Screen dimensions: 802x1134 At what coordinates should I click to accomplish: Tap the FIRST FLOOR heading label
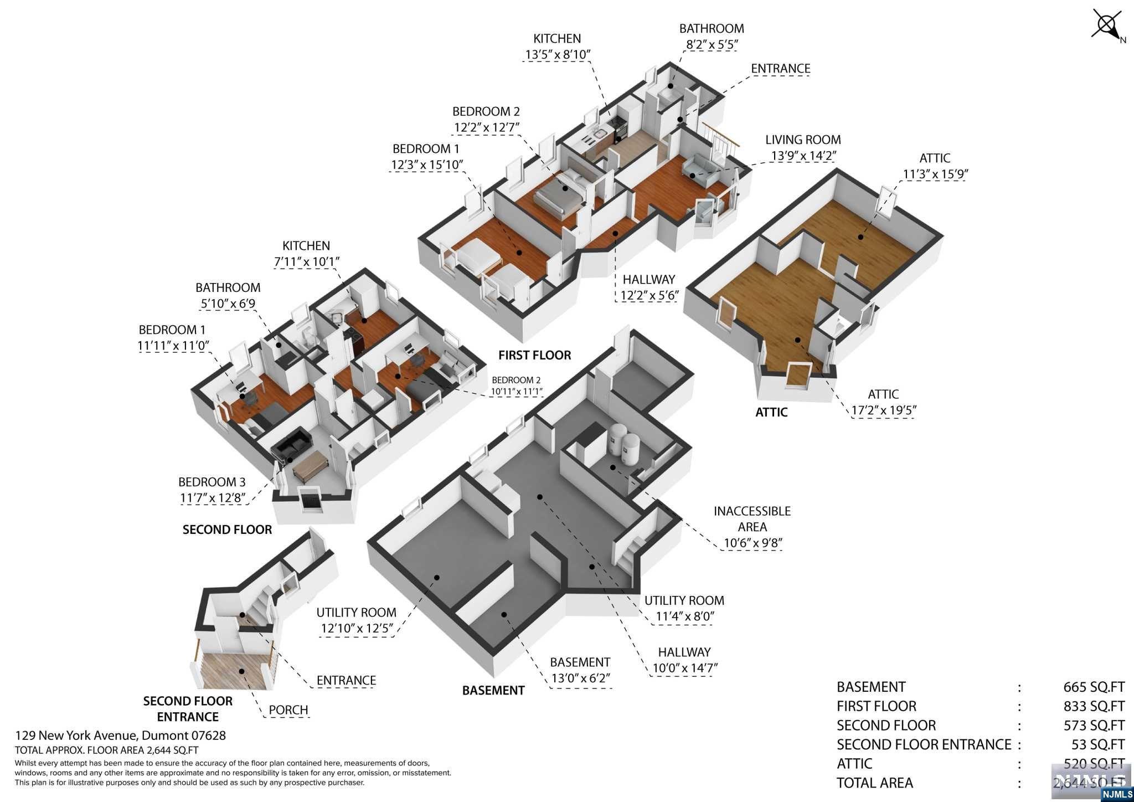point(534,355)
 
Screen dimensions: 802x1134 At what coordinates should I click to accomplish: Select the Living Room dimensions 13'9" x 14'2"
point(802,156)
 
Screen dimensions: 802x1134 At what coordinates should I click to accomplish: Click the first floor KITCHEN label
point(557,39)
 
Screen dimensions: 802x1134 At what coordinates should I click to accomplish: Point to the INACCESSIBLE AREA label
point(751,519)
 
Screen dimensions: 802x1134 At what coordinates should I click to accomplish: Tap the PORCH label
point(288,710)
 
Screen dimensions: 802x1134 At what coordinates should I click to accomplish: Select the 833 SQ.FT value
point(1094,706)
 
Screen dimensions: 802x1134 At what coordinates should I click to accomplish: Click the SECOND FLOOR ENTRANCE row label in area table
point(924,744)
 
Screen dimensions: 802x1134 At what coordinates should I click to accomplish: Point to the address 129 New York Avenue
point(120,736)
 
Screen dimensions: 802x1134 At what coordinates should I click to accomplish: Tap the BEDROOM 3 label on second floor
point(212,482)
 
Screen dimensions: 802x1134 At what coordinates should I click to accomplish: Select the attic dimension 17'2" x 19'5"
point(883,410)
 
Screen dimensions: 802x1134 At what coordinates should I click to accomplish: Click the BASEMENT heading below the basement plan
point(493,690)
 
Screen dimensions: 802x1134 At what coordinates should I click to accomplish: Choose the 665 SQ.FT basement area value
point(1094,687)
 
